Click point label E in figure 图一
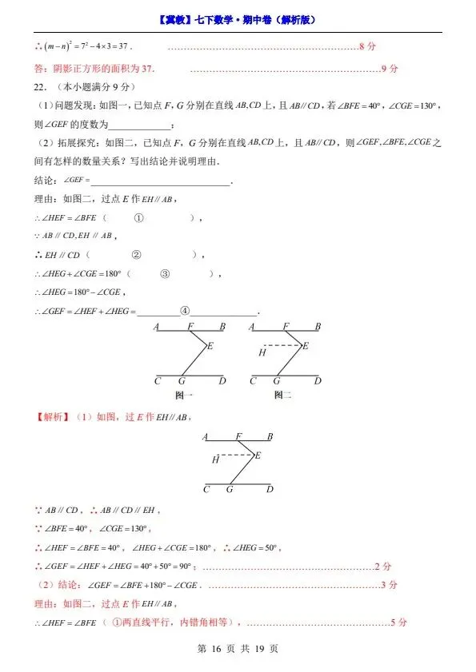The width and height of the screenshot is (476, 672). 210,346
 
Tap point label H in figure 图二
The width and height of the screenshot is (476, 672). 261,352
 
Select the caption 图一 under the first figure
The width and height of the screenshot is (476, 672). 184,395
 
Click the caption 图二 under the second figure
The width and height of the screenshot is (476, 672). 282,395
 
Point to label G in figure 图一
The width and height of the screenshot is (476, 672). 182,381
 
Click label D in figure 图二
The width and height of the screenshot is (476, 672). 318,381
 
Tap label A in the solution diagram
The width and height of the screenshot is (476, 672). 206,437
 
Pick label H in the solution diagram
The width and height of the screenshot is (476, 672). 215,459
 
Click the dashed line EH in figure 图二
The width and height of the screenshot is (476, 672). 283,346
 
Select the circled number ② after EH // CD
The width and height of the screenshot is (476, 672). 136,255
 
